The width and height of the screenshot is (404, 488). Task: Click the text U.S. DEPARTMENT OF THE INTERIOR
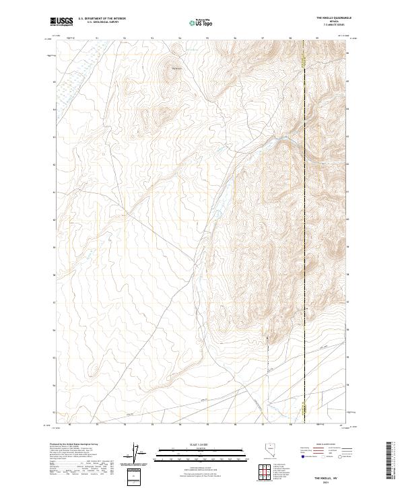[x=101, y=18]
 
